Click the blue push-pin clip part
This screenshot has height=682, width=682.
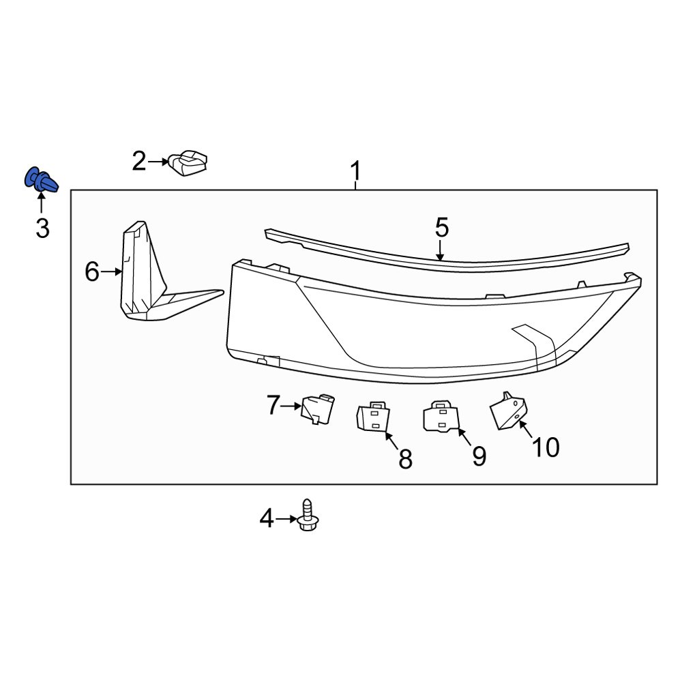tap(41, 180)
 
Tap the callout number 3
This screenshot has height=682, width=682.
tap(42, 228)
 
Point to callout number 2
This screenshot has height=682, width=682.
tap(139, 162)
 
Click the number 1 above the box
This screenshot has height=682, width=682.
tap(355, 172)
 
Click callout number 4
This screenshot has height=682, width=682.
tap(266, 520)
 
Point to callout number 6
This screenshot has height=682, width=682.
tap(92, 273)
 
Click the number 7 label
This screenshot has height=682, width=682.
tap(273, 406)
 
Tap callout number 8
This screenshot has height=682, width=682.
tap(405, 459)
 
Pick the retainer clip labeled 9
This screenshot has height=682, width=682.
tap(441, 416)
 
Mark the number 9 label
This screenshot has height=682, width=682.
tap(479, 456)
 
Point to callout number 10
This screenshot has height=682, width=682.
tap(546, 447)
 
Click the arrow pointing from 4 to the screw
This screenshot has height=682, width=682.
tap(286, 520)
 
